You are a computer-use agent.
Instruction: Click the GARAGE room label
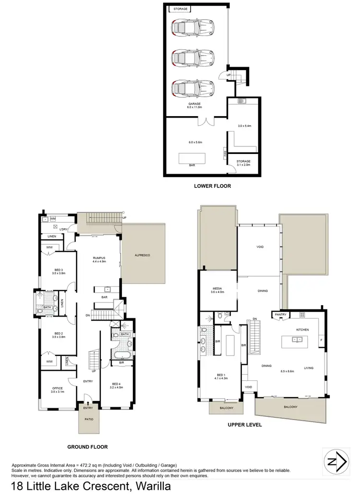click(x=194, y=104)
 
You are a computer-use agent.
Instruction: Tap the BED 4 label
click(x=117, y=384)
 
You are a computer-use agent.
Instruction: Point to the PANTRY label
click(x=280, y=315)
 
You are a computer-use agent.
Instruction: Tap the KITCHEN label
click(x=302, y=330)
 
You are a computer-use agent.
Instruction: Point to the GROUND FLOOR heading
click(x=87, y=447)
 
